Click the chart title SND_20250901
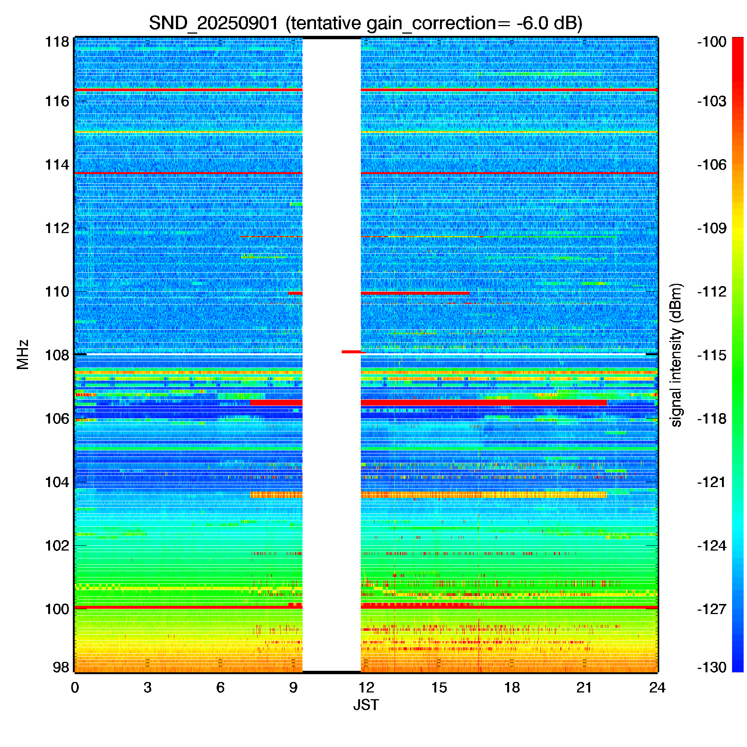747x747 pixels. pos(213,23)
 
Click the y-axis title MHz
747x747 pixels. pos(23,354)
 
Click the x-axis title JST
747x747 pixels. pos(366,705)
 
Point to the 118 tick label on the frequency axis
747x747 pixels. pos(57,42)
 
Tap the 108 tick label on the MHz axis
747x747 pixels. pos(57,355)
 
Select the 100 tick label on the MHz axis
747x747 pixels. pos(57,609)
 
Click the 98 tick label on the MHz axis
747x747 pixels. pos(61,667)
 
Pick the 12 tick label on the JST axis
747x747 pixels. pos(366,688)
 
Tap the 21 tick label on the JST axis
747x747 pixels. pos(584,688)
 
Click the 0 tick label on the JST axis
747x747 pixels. pos(75,688)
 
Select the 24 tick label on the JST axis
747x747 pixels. pos(657,688)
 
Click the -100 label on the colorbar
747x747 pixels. pos(712,42)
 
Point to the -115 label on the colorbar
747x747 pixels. pos(712,355)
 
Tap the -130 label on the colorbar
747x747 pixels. pos(712,667)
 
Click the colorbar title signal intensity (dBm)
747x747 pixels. pos(676,354)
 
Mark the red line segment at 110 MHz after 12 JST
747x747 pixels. pos(415,293)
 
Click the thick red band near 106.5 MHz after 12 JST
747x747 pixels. pos(484,403)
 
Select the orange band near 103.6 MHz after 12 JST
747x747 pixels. pos(484,495)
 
